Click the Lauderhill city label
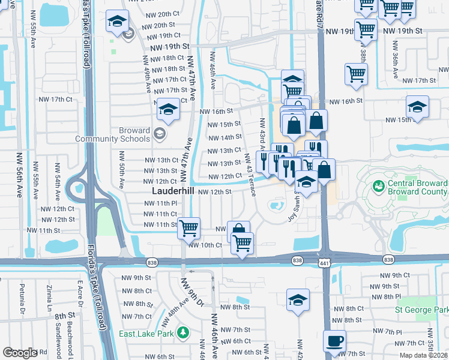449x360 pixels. [x=172, y=191]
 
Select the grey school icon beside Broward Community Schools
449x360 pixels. [x=160, y=133]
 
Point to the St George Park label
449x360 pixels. [x=421, y=310]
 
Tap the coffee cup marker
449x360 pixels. [x=334, y=341]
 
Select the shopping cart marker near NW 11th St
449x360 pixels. [x=188, y=227]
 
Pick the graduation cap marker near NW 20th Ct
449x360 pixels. [x=116, y=22]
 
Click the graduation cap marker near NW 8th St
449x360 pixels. [x=297, y=299]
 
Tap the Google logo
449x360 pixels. [x=20, y=353]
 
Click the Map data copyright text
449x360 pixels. [x=423, y=355]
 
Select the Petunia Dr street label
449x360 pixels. [x=22, y=301]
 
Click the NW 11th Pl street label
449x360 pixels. [x=161, y=203]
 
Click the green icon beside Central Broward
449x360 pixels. [x=378, y=187]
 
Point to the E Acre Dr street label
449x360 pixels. [x=79, y=299]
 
